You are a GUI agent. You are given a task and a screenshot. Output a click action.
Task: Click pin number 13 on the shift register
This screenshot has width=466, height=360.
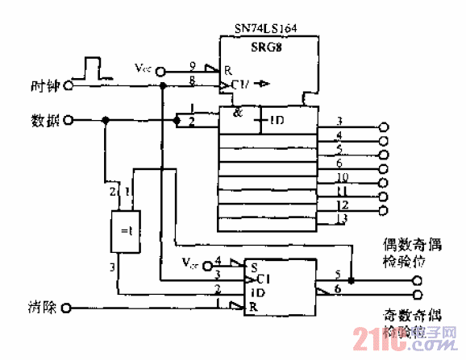click(341, 218)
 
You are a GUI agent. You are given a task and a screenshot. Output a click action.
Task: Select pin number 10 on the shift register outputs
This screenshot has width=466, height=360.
click(341, 176)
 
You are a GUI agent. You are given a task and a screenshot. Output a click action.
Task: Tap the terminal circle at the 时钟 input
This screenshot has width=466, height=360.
click(69, 85)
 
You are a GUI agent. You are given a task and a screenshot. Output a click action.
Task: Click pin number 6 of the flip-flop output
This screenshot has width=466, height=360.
click(338, 288)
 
